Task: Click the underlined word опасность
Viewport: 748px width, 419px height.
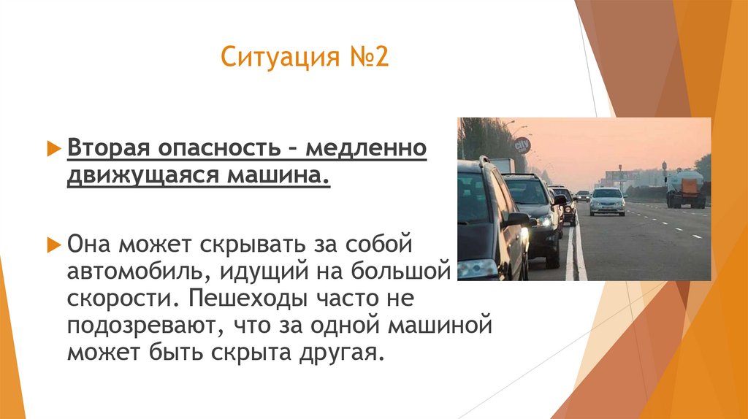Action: [217, 149]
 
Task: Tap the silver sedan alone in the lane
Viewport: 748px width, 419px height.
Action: [607, 201]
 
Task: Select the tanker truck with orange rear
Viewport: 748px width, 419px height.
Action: [685, 189]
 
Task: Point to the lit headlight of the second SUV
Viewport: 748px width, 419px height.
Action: [544, 220]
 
